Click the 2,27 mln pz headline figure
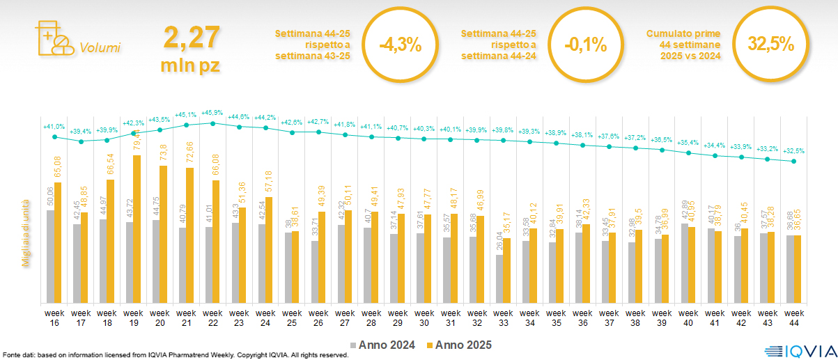[x=192, y=49]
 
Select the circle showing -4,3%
[x=401, y=45]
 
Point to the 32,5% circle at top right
[x=770, y=44]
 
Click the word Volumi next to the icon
[x=100, y=48]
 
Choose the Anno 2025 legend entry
[x=460, y=345]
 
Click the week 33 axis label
[x=503, y=318]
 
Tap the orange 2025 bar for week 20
[x=164, y=234]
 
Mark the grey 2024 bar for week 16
[x=50, y=256]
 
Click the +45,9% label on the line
[x=212, y=113]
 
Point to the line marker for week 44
[x=794, y=162]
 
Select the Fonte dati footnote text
[x=174, y=355]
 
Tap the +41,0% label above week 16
[x=54, y=127]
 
